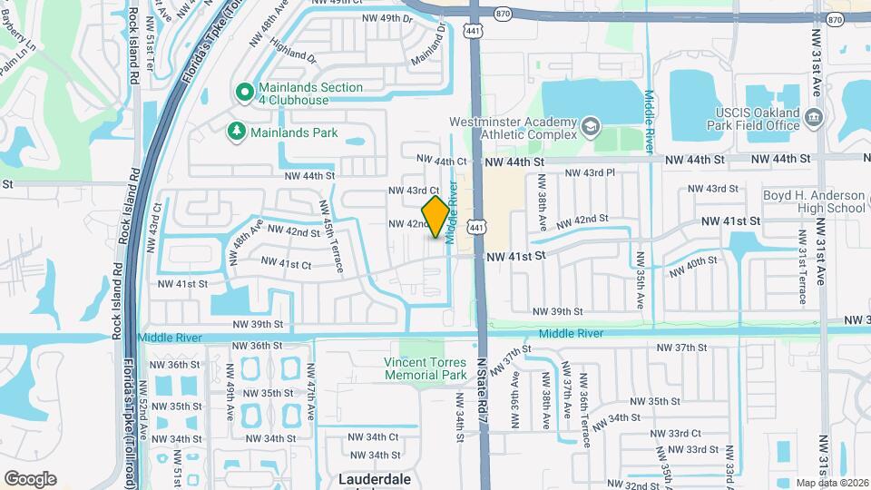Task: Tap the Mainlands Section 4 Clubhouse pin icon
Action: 244,92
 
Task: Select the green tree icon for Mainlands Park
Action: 237,132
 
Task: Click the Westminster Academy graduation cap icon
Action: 591,126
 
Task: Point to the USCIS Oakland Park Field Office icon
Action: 814,118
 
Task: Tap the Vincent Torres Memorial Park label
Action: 425,367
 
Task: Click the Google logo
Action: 30,479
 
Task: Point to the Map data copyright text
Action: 831,483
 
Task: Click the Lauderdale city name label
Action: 375,478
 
